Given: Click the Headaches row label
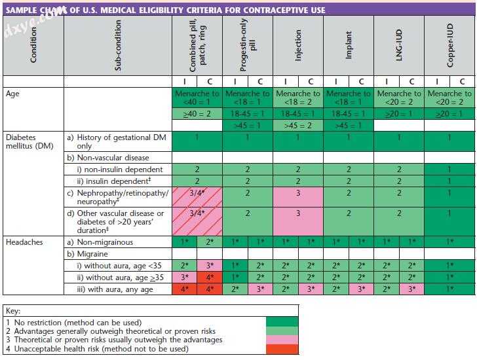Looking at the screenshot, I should point(24,242).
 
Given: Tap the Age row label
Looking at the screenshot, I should point(13,94).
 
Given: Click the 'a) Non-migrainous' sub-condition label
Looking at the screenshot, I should point(106,242).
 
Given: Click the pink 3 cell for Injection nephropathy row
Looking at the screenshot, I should point(298,194).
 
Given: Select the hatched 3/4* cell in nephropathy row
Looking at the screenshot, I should point(197,194).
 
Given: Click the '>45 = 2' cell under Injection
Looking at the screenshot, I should point(298,125).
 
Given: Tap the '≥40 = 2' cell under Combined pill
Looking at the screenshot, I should point(197,114).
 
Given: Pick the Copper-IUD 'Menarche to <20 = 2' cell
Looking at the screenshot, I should point(450,98).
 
